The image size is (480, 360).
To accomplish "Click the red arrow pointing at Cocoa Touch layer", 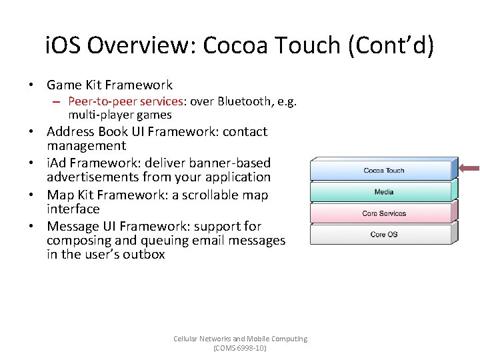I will pyautogui.click(x=469, y=169).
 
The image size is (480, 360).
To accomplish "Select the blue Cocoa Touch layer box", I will pyautogui.click(x=383, y=170).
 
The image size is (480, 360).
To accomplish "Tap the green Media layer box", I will pyautogui.click(x=383, y=192).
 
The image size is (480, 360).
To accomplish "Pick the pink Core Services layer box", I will pyautogui.click(x=383, y=213).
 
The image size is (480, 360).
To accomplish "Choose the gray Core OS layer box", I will pyautogui.click(x=383, y=234).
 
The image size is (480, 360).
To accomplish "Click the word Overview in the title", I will pyautogui.click(x=141, y=46).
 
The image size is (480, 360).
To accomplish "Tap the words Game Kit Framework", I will pyautogui.click(x=109, y=85).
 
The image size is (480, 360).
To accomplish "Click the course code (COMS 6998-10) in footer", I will pyautogui.click(x=240, y=348).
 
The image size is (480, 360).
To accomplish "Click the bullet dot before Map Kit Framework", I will pyautogui.click(x=32, y=195).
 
